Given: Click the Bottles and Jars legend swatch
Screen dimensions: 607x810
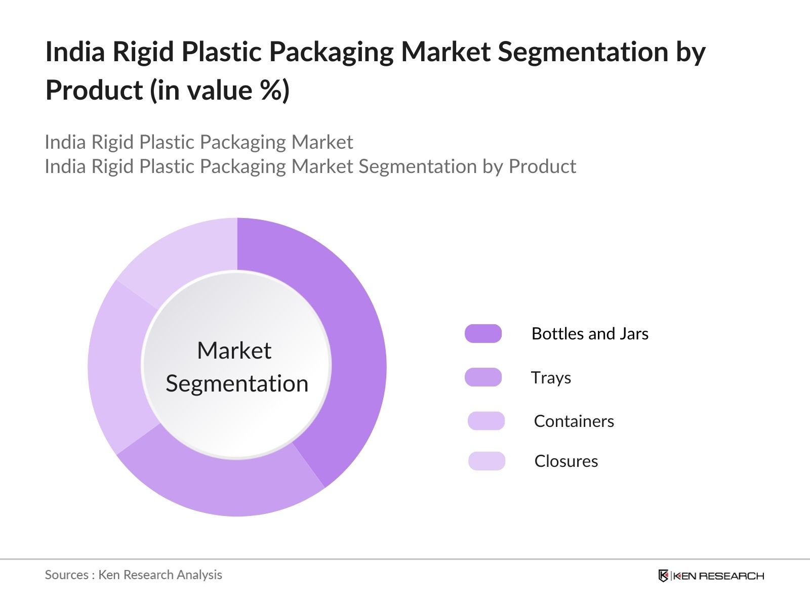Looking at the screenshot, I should coord(483,334).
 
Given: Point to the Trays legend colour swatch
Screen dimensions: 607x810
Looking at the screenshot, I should coord(483,377).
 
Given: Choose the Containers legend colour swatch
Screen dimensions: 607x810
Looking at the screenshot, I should coord(486,421).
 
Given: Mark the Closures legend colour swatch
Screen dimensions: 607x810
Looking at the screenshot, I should coord(487,461).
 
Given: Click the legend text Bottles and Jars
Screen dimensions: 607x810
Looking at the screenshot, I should coord(590,334).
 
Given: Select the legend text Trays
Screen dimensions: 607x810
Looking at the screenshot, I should coord(551,378).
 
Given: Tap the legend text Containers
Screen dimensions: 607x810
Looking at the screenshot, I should coord(574,421).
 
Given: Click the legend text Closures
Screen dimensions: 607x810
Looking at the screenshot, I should coord(566,461).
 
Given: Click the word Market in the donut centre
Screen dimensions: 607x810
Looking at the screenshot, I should coord(234,351).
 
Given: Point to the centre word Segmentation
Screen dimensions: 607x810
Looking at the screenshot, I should coord(237,383).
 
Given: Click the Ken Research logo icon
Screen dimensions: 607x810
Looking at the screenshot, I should coord(663,576).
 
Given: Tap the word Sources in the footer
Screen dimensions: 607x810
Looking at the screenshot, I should coord(66,575).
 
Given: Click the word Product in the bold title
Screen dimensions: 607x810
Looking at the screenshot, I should coord(94,91).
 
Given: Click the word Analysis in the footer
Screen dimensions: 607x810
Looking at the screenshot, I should coord(199,575).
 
